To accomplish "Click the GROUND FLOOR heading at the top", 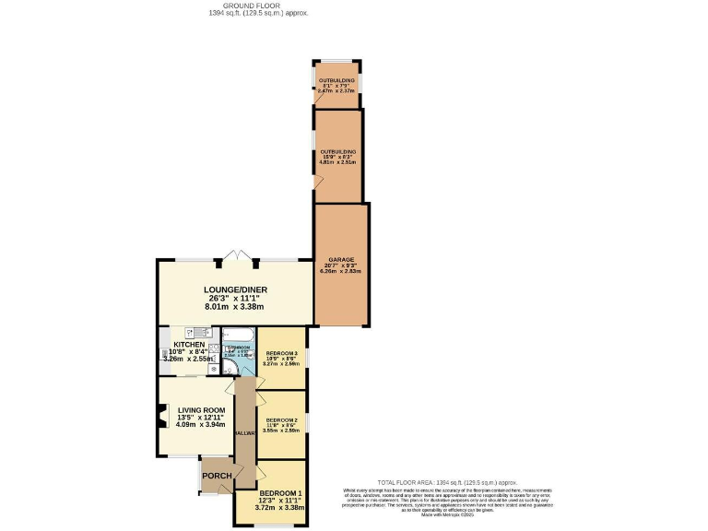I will [x=231, y=6].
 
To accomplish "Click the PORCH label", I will [x=217, y=476].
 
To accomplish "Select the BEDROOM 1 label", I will [x=280, y=493].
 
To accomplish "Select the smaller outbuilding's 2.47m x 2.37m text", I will [x=336, y=91].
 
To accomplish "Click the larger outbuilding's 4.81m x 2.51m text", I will [x=337, y=162].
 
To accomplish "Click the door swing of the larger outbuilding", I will [x=319, y=183].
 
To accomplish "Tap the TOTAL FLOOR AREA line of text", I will [x=449, y=483].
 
